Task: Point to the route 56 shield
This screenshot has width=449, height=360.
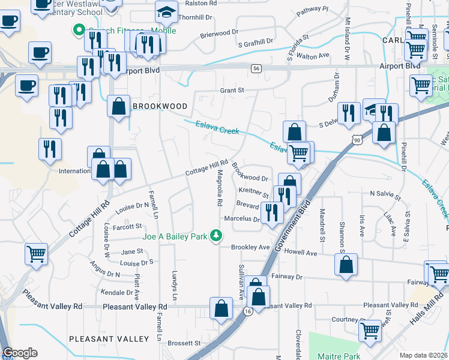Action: tap(256, 69)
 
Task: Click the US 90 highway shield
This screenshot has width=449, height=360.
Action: tap(358, 140)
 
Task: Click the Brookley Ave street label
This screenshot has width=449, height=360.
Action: tap(250, 247)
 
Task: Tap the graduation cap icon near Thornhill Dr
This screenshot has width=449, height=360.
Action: tap(166, 12)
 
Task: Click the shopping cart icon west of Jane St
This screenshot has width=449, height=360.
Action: tap(36, 254)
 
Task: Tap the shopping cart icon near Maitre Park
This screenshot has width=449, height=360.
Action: tap(370, 330)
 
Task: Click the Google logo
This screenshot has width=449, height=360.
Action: tap(20, 353)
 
